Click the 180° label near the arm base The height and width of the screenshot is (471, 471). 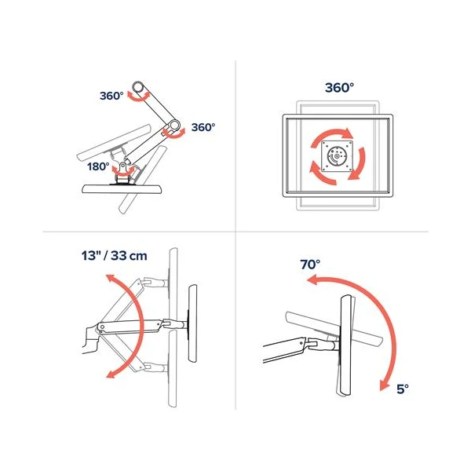click(98, 166)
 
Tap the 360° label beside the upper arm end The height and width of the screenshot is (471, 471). click(111, 96)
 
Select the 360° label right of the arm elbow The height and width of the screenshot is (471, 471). click(203, 127)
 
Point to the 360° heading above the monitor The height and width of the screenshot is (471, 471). click(339, 88)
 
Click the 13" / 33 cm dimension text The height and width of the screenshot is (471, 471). click(114, 256)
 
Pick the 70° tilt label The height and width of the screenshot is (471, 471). click(310, 265)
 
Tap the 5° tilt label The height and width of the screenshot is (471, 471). click(403, 389)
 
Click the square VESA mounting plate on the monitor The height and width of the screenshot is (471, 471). click(337, 156)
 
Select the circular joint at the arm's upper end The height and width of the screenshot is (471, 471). click(138, 87)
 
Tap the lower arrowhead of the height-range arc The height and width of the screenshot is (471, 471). click(111, 374)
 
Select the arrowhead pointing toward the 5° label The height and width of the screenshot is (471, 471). click(384, 385)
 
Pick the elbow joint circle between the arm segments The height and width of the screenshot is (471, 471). click(173, 126)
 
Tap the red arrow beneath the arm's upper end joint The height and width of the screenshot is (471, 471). click(138, 97)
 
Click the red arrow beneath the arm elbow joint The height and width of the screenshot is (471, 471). click(173, 134)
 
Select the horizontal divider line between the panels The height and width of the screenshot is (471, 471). click(235, 232)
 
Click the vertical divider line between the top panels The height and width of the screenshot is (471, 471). click(235, 146)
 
